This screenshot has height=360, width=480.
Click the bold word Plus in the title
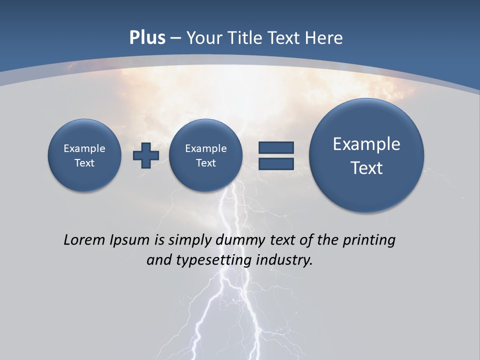[x=147, y=38]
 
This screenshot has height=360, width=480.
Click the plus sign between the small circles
[x=145, y=155]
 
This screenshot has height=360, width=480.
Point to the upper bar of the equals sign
[x=276, y=147]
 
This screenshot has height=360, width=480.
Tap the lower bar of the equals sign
[x=276, y=163]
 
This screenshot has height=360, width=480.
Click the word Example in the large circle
[x=366, y=144]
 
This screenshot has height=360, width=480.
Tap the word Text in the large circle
[x=366, y=168]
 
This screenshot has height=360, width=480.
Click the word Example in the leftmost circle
[x=84, y=148]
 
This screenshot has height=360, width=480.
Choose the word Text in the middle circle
[x=206, y=163]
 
